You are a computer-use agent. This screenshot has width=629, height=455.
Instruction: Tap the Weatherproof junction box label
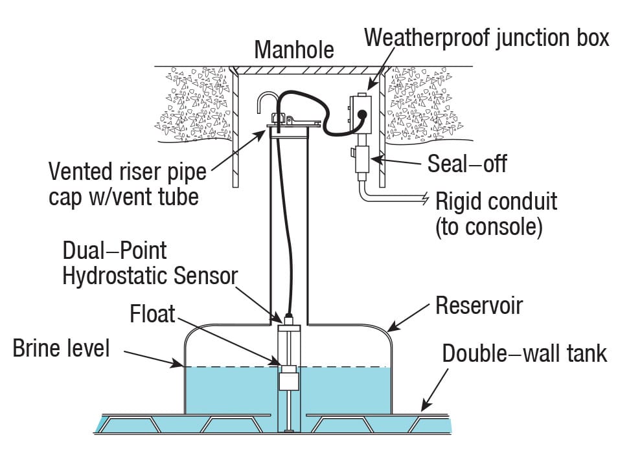486,37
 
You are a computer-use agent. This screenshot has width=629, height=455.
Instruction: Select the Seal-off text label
466,163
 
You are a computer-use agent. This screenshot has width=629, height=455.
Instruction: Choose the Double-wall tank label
525,353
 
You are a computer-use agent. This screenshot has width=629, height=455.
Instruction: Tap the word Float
152,315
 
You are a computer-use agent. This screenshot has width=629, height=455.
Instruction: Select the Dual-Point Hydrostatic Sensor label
149,263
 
